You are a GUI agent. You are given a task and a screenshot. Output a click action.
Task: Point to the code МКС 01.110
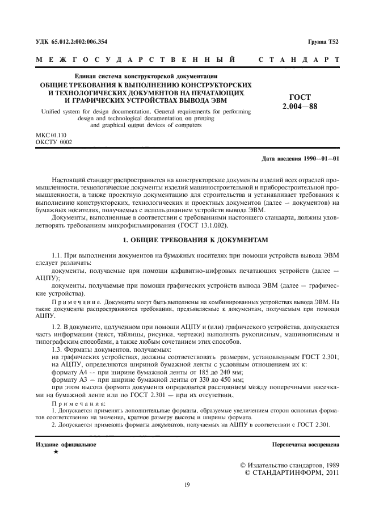(x=50, y=136)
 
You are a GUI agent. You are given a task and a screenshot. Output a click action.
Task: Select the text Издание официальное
(x=62, y=429)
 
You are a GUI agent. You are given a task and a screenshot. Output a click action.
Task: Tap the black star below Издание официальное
(x=55, y=436)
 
